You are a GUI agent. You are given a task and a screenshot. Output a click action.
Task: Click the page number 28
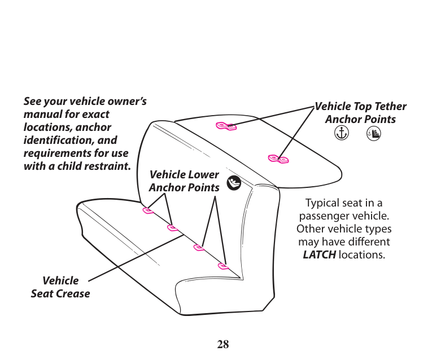point(223,344)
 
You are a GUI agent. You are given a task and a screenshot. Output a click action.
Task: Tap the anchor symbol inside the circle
point(340,133)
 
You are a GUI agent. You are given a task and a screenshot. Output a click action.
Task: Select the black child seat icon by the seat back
point(234,183)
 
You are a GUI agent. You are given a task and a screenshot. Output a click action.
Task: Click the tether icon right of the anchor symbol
point(373,134)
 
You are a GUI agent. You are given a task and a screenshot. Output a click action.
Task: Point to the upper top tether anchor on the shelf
point(226,126)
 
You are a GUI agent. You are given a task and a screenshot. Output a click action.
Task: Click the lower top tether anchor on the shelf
point(278,159)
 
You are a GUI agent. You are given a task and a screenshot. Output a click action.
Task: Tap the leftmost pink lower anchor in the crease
point(148,210)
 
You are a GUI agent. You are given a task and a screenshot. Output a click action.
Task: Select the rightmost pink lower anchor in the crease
point(224,266)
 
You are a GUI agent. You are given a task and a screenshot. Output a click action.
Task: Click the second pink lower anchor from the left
point(173,228)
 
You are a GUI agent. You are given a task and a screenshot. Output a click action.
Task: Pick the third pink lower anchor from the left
point(199,247)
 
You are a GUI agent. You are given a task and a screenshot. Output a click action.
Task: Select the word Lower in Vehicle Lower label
point(203,175)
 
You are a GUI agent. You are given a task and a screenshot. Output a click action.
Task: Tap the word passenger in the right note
point(324,216)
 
